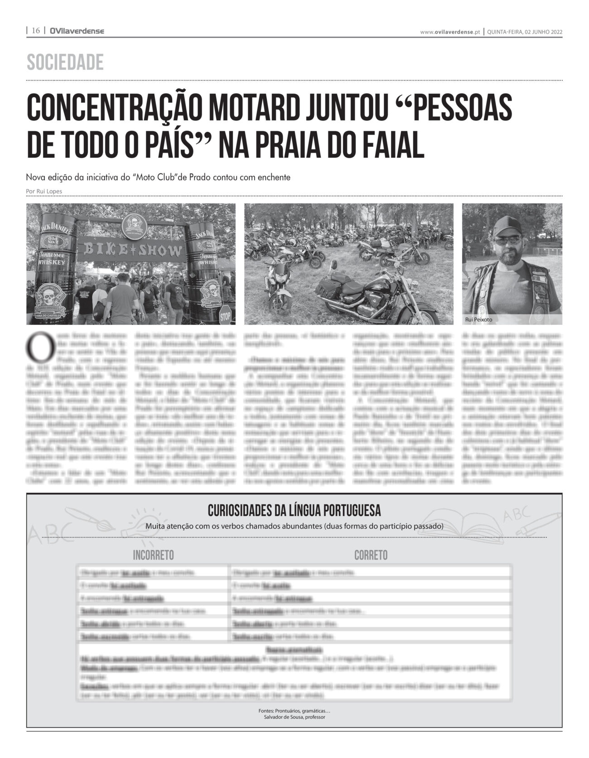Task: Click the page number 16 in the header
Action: [36, 31]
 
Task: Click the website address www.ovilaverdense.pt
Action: [450, 32]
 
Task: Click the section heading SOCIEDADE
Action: [65, 63]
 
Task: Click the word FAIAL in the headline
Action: [388, 144]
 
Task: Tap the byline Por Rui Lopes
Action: [44, 191]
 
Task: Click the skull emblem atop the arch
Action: [134, 225]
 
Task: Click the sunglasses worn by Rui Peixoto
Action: [507, 240]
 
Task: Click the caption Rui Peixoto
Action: [478, 319]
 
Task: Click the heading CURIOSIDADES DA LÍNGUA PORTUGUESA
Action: [294, 511]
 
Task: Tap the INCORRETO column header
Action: [153, 555]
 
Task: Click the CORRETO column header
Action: [371, 555]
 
